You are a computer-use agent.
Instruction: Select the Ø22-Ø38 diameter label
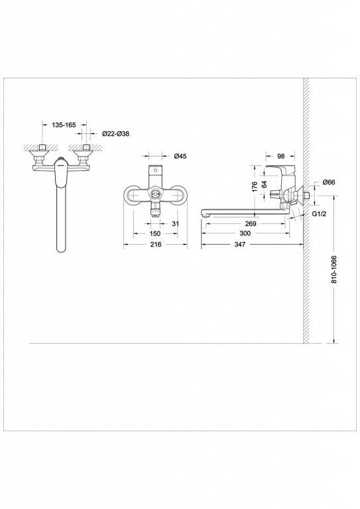point(115,134)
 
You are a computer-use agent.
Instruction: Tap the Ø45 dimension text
point(180,157)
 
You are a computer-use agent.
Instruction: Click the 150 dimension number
point(154,233)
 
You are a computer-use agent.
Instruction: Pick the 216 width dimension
point(156,245)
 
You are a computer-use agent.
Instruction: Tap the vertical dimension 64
point(263,186)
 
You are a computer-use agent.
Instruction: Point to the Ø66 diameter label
point(328,182)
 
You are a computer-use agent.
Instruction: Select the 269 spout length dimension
point(251,223)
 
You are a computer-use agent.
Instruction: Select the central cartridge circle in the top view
point(155,196)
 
